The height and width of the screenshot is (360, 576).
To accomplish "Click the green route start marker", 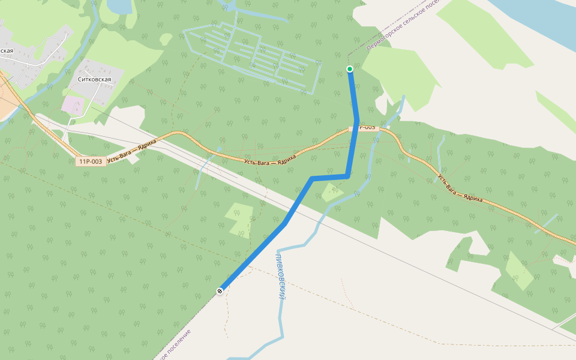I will point(350,69).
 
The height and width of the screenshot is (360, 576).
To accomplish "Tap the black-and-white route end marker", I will point(220,291).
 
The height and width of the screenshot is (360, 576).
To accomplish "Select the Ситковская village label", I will point(95,79).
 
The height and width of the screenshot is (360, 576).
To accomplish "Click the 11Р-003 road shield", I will point(91,161).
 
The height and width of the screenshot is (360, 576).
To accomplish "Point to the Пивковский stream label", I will point(280,277).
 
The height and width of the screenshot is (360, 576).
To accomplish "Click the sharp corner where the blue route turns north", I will point(347,176).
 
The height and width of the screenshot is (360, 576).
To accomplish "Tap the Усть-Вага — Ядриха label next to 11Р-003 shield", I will point(131,151).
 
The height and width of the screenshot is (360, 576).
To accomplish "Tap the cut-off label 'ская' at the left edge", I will point(7,50).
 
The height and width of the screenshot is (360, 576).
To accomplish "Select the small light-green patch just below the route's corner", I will point(332,193).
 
